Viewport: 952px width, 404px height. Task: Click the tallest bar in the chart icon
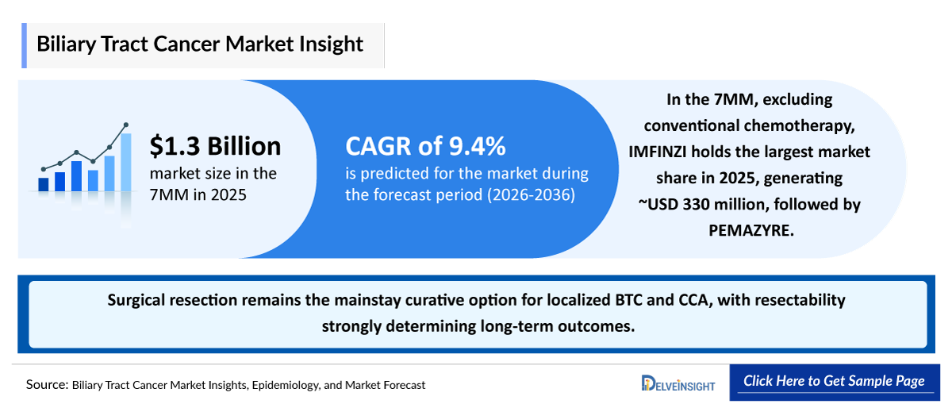coord(125,162)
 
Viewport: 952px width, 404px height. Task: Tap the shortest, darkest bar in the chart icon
coord(44,184)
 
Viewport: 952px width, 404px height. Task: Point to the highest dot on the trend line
coord(125,125)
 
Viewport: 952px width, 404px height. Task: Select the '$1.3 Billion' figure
coord(215,146)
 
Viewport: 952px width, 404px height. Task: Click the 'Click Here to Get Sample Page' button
coord(834,381)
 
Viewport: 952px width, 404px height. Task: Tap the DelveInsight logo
coord(678,383)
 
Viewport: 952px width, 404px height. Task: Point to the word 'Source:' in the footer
coord(46,384)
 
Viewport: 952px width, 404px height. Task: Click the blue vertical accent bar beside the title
coord(27,45)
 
